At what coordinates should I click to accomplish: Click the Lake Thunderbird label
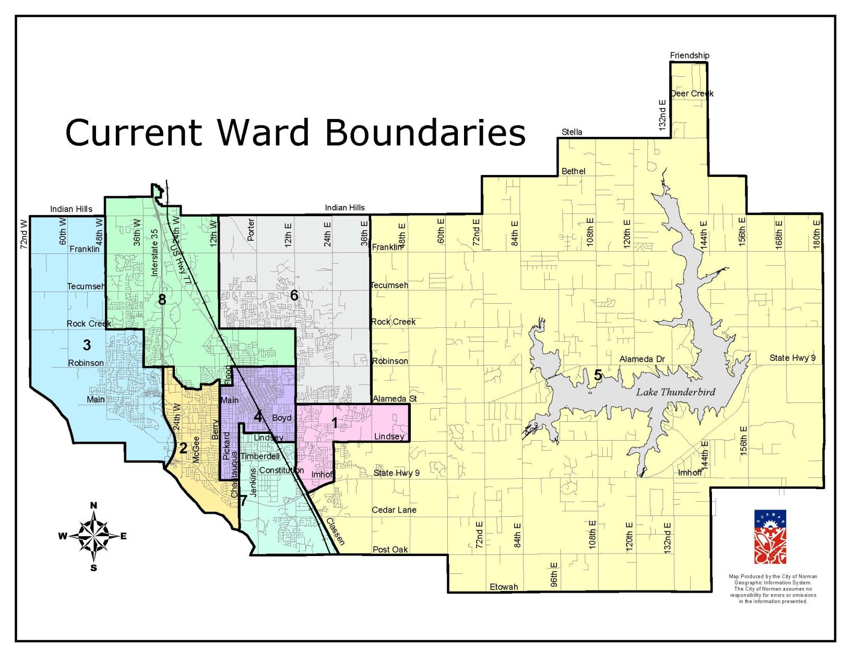(x=675, y=392)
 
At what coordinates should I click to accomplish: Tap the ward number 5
(x=598, y=375)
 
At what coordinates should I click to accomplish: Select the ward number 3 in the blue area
(x=87, y=345)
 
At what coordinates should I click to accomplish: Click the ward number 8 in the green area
(x=162, y=300)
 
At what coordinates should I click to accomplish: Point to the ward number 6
(x=294, y=296)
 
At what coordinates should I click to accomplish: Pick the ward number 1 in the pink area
(x=334, y=423)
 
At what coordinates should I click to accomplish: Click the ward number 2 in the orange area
(x=183, y=448)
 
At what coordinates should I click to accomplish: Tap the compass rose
(x=94, y=536)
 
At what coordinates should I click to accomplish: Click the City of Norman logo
(x=769, y=537)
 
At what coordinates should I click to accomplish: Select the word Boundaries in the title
(x=425, y=133)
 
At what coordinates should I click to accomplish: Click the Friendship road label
(x=689, y=55)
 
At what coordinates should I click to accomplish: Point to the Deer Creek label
(x=692, y=93)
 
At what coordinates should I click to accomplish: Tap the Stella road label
(x=572, y=132)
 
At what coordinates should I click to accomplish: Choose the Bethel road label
(x=573, y=171)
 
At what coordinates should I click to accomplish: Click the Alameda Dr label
(x=642, y=359)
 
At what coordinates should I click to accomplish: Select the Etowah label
(x=503, y=587)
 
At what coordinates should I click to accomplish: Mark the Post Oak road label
(x=390, y=549)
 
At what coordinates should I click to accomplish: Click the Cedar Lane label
(x=394, y=510)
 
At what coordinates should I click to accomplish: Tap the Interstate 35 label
(x=154, y=252)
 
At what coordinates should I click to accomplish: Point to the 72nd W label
(x=24, y=233)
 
